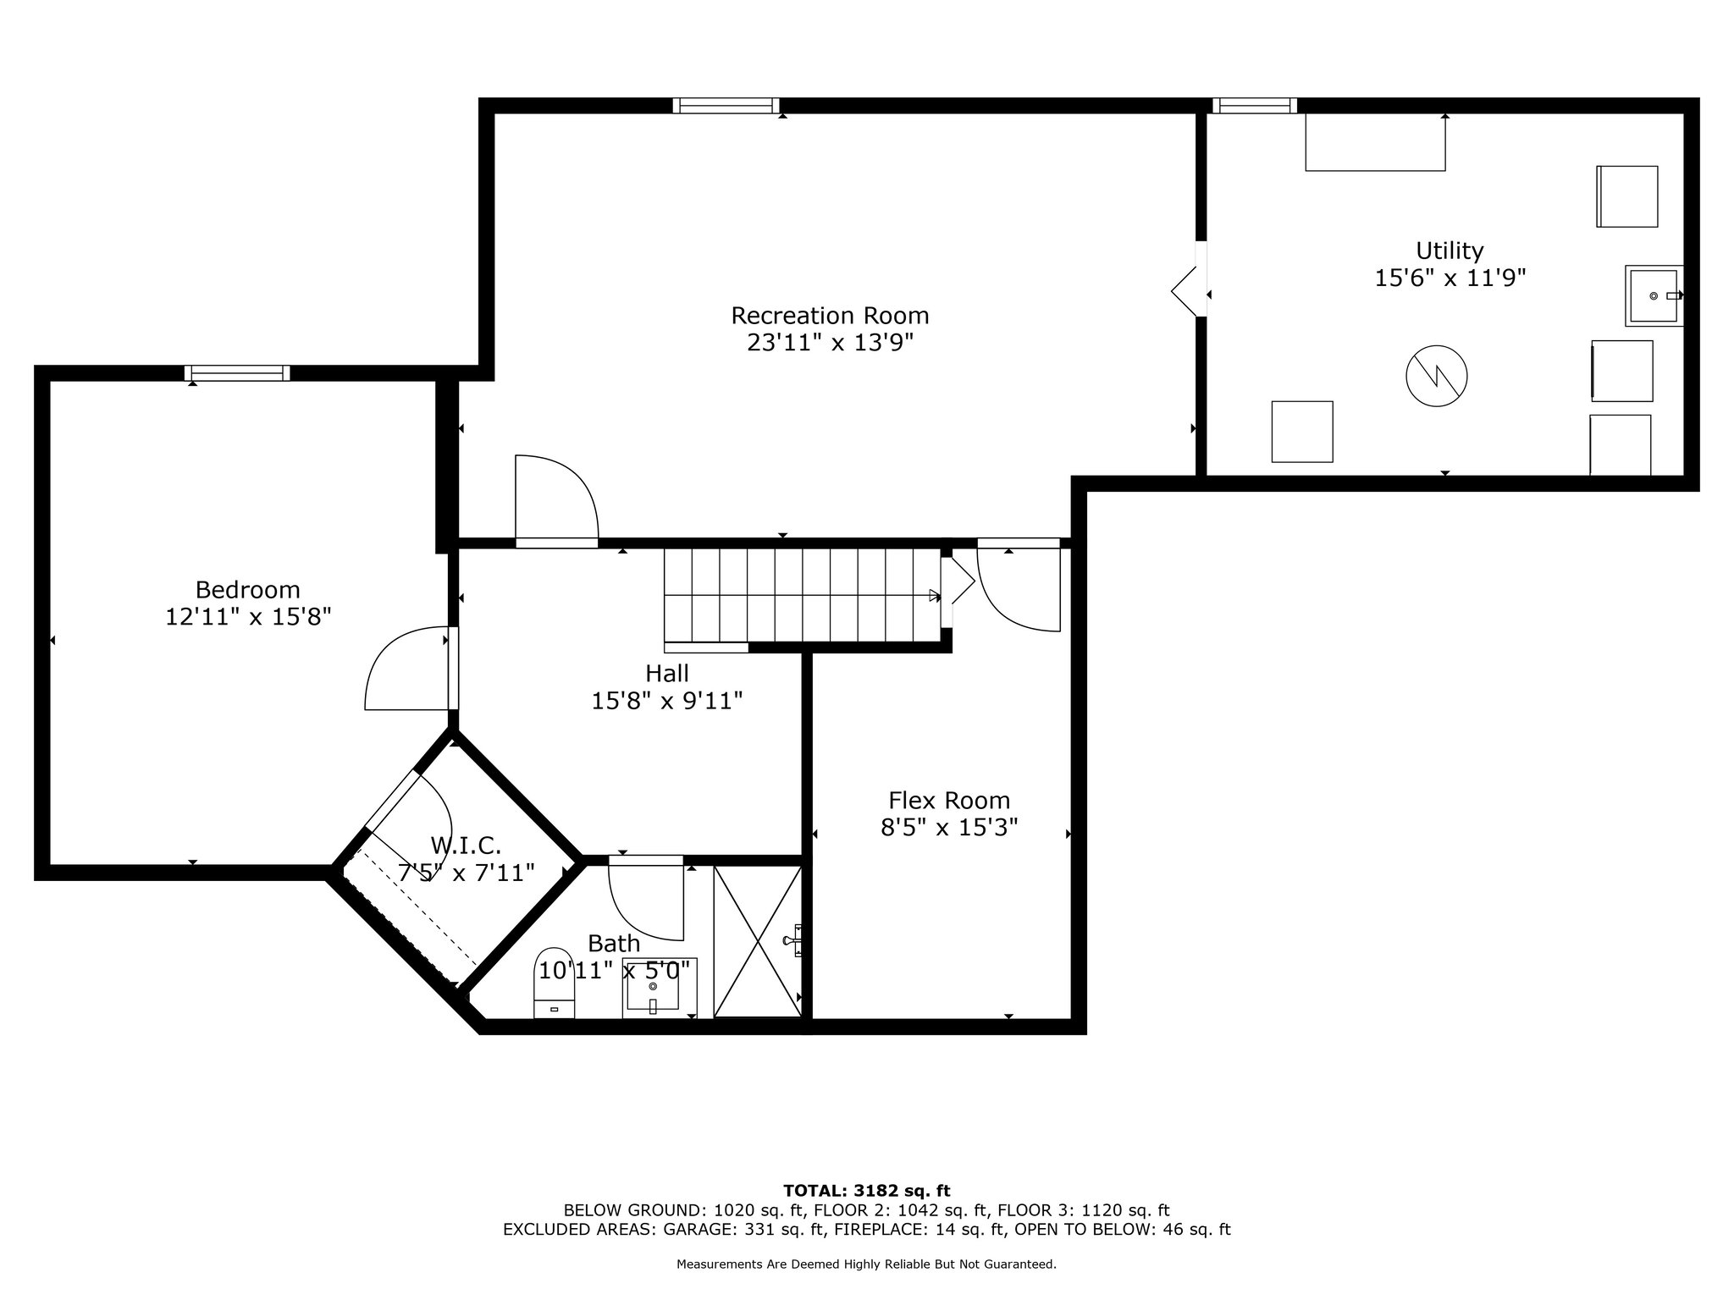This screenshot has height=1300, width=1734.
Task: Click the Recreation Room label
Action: point(830,316)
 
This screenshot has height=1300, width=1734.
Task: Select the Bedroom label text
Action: point(247,590)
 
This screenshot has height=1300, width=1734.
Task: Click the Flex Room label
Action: point(948,801)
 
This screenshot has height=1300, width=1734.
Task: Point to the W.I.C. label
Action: point(466,845)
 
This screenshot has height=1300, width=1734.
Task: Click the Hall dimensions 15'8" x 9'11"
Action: point(667,701)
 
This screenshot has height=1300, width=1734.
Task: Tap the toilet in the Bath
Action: point(555,982)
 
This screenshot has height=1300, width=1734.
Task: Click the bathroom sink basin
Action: point(652,986)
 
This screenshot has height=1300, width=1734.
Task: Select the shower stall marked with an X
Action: point(756,940)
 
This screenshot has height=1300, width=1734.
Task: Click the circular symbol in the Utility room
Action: point(1436,377)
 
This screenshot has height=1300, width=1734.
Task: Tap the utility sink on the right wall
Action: point(1653,295)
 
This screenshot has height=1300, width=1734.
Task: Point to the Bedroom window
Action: point(237,373)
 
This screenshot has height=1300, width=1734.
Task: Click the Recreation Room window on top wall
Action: point(726,106)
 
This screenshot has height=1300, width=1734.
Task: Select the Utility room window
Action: point(1254,106)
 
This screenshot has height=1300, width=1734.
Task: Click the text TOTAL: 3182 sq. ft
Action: point(866,1191)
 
